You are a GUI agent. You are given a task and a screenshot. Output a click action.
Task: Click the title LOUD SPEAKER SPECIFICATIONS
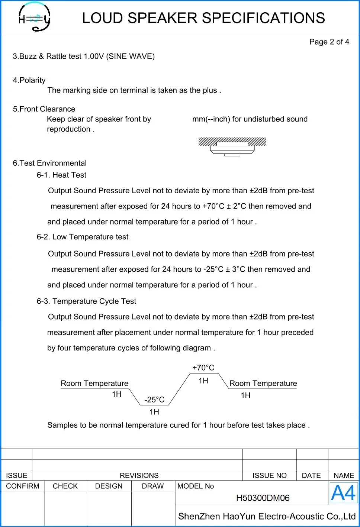point(203,18)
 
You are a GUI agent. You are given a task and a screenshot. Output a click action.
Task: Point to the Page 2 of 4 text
point(329,42)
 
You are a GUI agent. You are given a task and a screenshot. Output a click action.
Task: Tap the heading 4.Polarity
point(29,80)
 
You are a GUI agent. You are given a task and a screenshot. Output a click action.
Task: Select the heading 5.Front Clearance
point(44,109)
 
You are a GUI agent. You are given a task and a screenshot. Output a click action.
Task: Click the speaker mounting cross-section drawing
point(232,146)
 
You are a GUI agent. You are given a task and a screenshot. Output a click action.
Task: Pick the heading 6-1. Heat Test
point(61,175)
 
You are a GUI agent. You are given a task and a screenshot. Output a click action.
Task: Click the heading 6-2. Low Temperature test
point(82,237)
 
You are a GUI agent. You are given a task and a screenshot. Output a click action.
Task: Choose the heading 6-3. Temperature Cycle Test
point(86,301)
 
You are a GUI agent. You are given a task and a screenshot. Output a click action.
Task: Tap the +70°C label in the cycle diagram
point(203,368)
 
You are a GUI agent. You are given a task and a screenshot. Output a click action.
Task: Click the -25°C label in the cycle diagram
point(154,400)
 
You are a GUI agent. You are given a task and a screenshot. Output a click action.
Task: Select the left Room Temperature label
point(94,384)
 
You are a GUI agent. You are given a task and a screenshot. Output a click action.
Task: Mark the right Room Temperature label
point(263,384)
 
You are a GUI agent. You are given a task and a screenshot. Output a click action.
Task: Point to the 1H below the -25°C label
point(154,412)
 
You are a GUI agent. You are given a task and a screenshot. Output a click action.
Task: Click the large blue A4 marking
point(343,493)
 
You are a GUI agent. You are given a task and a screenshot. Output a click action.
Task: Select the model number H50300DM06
point(263,498)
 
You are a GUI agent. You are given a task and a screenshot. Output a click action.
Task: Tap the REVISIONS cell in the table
point(139,475)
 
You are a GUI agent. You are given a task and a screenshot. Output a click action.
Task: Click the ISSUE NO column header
point(269,475)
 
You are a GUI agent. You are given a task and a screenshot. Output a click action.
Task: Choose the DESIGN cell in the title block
point(109,486)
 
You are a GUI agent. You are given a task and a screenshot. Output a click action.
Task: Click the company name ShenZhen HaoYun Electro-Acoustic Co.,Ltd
point(267,516)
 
